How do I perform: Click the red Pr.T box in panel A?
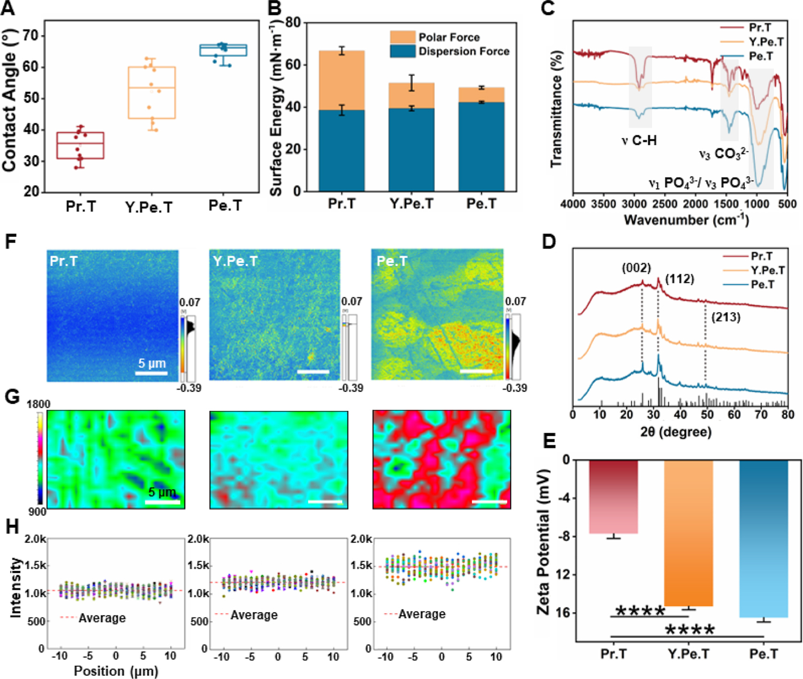tap(80, 145)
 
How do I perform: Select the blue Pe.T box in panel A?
tap(223, 50)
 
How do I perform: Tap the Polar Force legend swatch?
tap(403, 37)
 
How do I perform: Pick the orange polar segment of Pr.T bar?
tap(342, 80)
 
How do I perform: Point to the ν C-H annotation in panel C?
tap(639, 141)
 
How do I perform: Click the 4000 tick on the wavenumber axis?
tap(573, 204)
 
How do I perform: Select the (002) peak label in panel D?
tap(636, 268)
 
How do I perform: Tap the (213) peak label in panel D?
tap(726, 317)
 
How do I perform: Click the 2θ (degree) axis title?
tap(676, 432)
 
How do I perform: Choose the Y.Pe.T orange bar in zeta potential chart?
tap(688, 533)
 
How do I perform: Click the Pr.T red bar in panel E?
tap(613, 496)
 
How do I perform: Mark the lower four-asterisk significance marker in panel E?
tap(690, 630)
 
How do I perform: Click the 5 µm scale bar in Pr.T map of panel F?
tap(151, 373)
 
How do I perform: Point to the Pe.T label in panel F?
tap(392, 261)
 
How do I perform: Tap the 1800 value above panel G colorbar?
tap(38, 404)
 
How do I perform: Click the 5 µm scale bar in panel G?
tap(163, 502)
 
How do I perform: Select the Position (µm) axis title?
tap(116, 671)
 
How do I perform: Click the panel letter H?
tap(12, 527)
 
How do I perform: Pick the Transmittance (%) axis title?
tap(556, 109)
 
